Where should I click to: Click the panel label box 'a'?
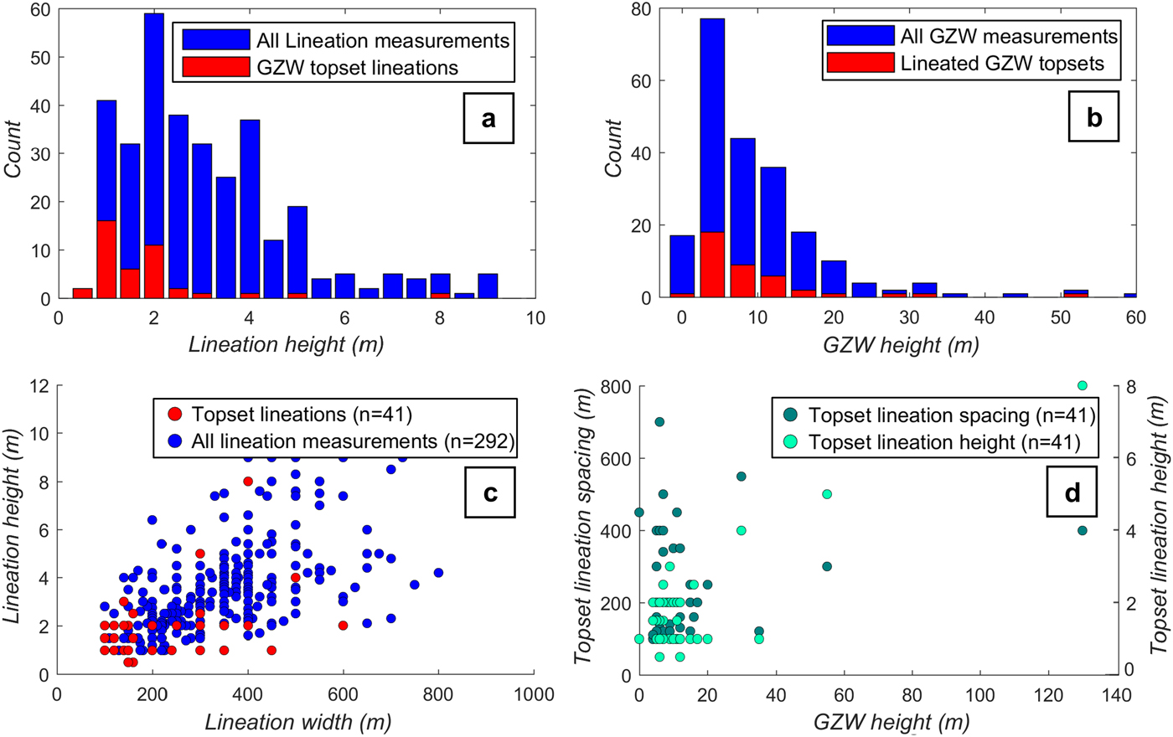tap(488, 118)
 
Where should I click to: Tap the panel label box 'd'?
tap(1072, 492)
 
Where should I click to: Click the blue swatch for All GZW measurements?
tap(860, 36)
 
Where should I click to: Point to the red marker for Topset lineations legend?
tap(176, 414)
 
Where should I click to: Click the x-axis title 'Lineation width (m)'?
tap(297, 721)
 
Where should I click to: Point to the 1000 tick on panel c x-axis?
tap(535, 695)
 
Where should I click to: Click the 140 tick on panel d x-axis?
tap(1117, 695)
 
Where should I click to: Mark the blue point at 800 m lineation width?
tap(438, 573)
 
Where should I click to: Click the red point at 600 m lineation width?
tap(343, 626)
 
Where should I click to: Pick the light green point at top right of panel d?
tap(1083, 385)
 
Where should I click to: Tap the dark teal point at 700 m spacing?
tap(659, 422)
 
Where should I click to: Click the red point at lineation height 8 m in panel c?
tap(248, 482)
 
